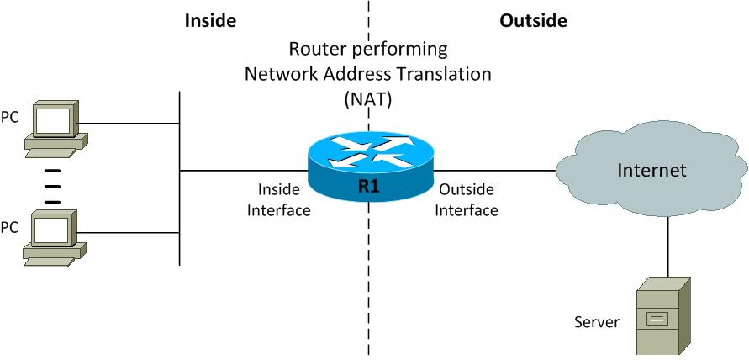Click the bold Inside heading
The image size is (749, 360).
pyautogui.click(x=210, y=19)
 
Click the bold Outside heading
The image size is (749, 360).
pyautogui.click(x=533, y=19)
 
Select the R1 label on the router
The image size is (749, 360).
pyautogui.click(x=368, y=187)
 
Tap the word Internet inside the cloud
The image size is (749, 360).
pyautogui.click(x=651, y=171)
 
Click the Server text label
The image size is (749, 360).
pyautogui.click(x=596, y=322)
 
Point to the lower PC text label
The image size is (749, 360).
pyautogui.click(x=10, y=226)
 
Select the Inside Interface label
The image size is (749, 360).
pyautogui.click(x=278, y=199)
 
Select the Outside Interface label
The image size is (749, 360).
pyautogui.click(x=467, y=199)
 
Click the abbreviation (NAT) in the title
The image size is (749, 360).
pyautogui.click(x=368, y=98)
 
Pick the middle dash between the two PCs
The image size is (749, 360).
pyautogui.click(x=52, y=186)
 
